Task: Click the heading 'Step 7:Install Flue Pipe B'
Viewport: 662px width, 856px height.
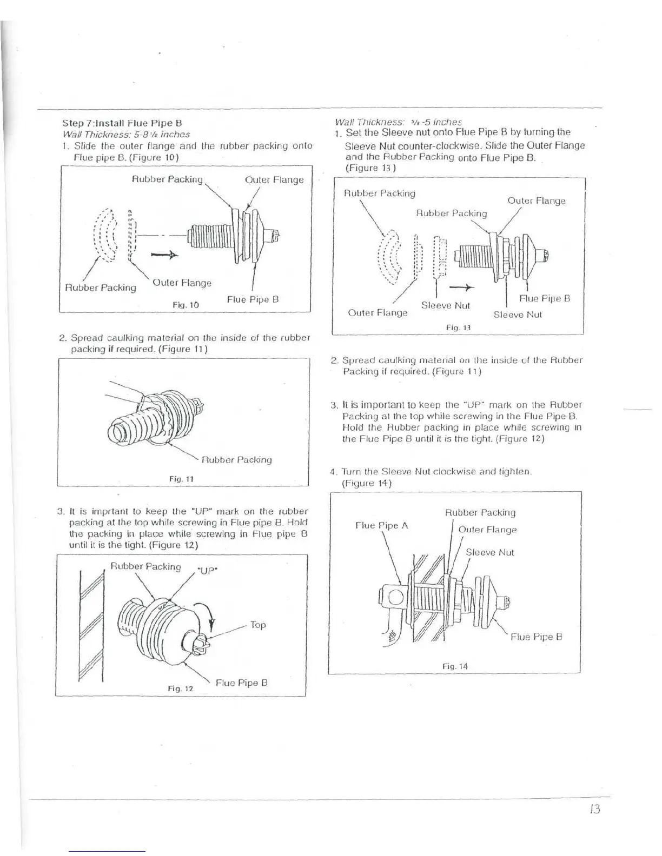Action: pos(122,123)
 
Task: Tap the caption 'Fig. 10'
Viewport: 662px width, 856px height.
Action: pos(186,305)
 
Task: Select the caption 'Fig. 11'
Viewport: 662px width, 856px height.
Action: pos(181,479)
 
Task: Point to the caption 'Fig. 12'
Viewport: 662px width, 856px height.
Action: pos(180,688)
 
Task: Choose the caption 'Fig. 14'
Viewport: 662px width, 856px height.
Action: pos(454,666)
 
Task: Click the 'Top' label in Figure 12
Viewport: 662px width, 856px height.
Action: pos(258,625)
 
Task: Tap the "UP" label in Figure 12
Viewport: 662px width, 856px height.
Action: pos(207,571)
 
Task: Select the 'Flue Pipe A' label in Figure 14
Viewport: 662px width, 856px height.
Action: pos(381,525)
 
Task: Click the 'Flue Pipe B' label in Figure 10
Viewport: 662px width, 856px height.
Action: pos(253,299)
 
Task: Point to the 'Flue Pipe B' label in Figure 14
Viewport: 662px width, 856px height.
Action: pos(537,637)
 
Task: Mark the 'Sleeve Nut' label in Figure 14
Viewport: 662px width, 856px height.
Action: pos(489,552)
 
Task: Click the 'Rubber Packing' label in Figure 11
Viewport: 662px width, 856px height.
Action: pos(236,460)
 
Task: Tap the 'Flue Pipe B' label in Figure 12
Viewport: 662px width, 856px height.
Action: pos(241,683)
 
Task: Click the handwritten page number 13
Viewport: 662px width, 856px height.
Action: pos(594,809)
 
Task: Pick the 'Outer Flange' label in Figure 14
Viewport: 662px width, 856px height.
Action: pos(487,530)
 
